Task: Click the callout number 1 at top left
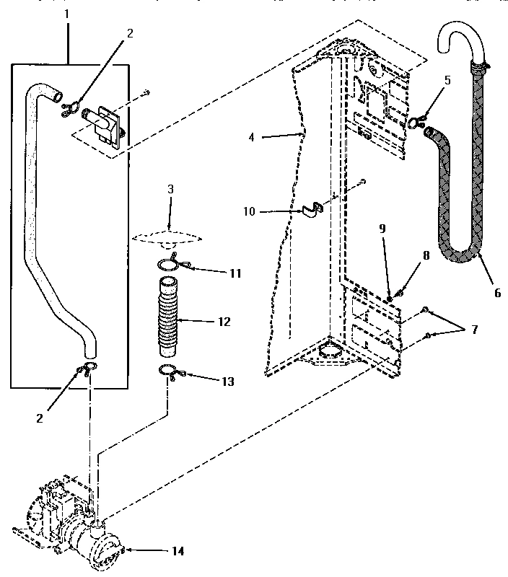[69, 13]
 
